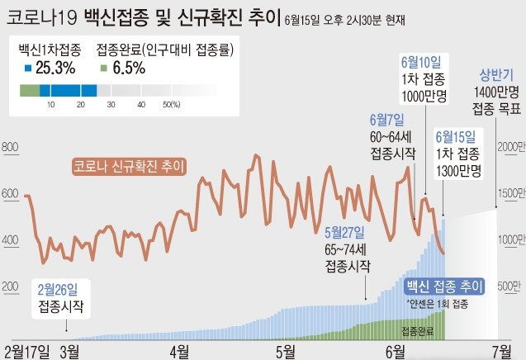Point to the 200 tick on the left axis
click(11, 287)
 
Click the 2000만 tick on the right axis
click(509, 146)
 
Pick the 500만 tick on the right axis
click(509, 286)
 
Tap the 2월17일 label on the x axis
click(28, 350)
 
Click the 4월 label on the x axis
click(178, 350)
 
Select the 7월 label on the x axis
click(502, 350)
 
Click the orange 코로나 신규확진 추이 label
click(129, 165)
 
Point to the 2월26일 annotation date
click(58, 290)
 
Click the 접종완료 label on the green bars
click(417, 329)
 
